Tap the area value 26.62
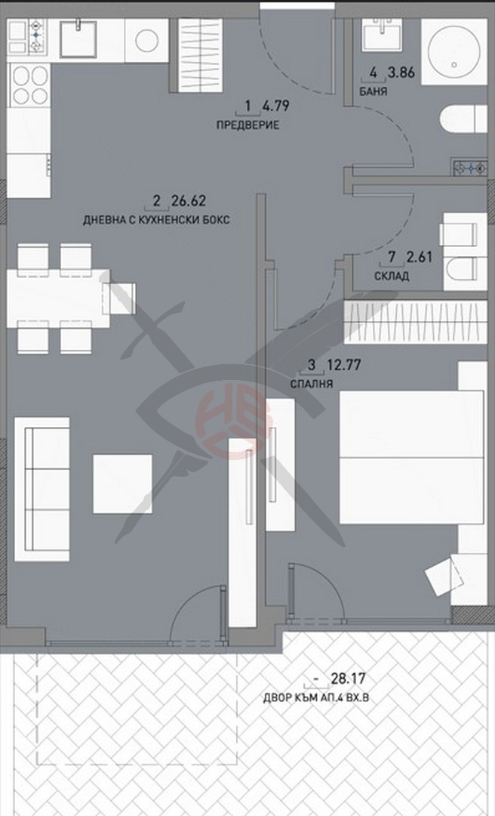click(189, 201)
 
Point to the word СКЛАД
click(392, 277)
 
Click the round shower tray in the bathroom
click(452, 51)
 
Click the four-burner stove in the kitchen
click(29, 85)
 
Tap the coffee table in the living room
click(122, 484)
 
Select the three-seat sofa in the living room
click(42, 488)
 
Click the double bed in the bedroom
click(411, 456)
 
